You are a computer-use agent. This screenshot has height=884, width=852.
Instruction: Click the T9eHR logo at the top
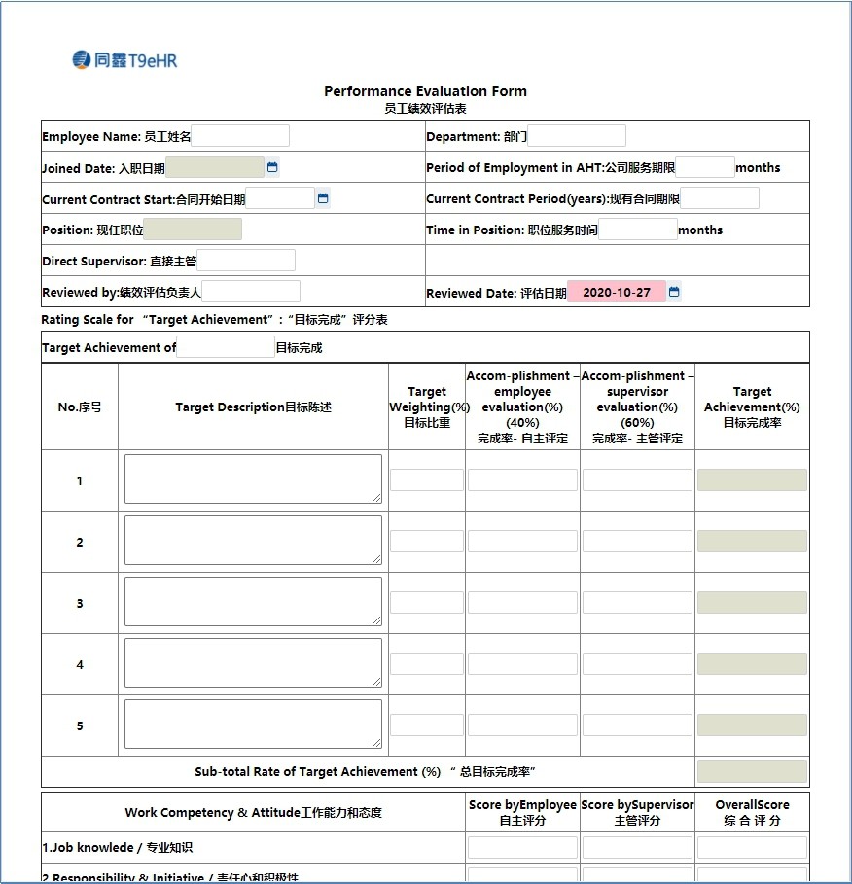[124, 60]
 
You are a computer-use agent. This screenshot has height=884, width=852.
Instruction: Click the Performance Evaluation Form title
[425, 91]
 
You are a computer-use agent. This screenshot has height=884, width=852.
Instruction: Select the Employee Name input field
[240, 136]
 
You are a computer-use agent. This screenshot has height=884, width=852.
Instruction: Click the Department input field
[577, 136]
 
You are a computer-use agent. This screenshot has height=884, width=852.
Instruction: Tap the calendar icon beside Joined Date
[272, 167]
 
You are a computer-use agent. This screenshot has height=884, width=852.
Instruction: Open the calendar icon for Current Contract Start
[323, 198]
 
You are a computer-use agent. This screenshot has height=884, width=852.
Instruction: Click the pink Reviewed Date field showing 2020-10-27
[617, 292]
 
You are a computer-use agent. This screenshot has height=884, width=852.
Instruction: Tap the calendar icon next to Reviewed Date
[674, 292]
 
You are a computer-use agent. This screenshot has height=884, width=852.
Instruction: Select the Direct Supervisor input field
[246, 261]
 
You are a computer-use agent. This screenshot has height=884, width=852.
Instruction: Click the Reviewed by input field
[251, 292]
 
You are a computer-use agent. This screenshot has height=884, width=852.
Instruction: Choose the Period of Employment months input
[705, 167]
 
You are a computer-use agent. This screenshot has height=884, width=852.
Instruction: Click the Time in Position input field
[637, 230]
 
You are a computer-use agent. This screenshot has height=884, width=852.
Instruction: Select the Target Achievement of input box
[226, 347]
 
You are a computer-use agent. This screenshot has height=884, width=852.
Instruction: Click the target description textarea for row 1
[253, 479]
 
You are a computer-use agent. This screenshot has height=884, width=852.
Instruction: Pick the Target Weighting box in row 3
[427, 603]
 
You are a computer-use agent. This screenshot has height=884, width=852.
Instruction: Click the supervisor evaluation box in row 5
[637, 725]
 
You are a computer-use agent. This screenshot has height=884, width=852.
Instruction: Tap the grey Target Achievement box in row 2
[752, 542]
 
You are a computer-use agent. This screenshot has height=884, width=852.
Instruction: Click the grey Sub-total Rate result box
[752, 772]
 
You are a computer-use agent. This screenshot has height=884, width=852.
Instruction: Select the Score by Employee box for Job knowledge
[522, 848]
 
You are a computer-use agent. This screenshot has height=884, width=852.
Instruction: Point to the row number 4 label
[80, 665]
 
